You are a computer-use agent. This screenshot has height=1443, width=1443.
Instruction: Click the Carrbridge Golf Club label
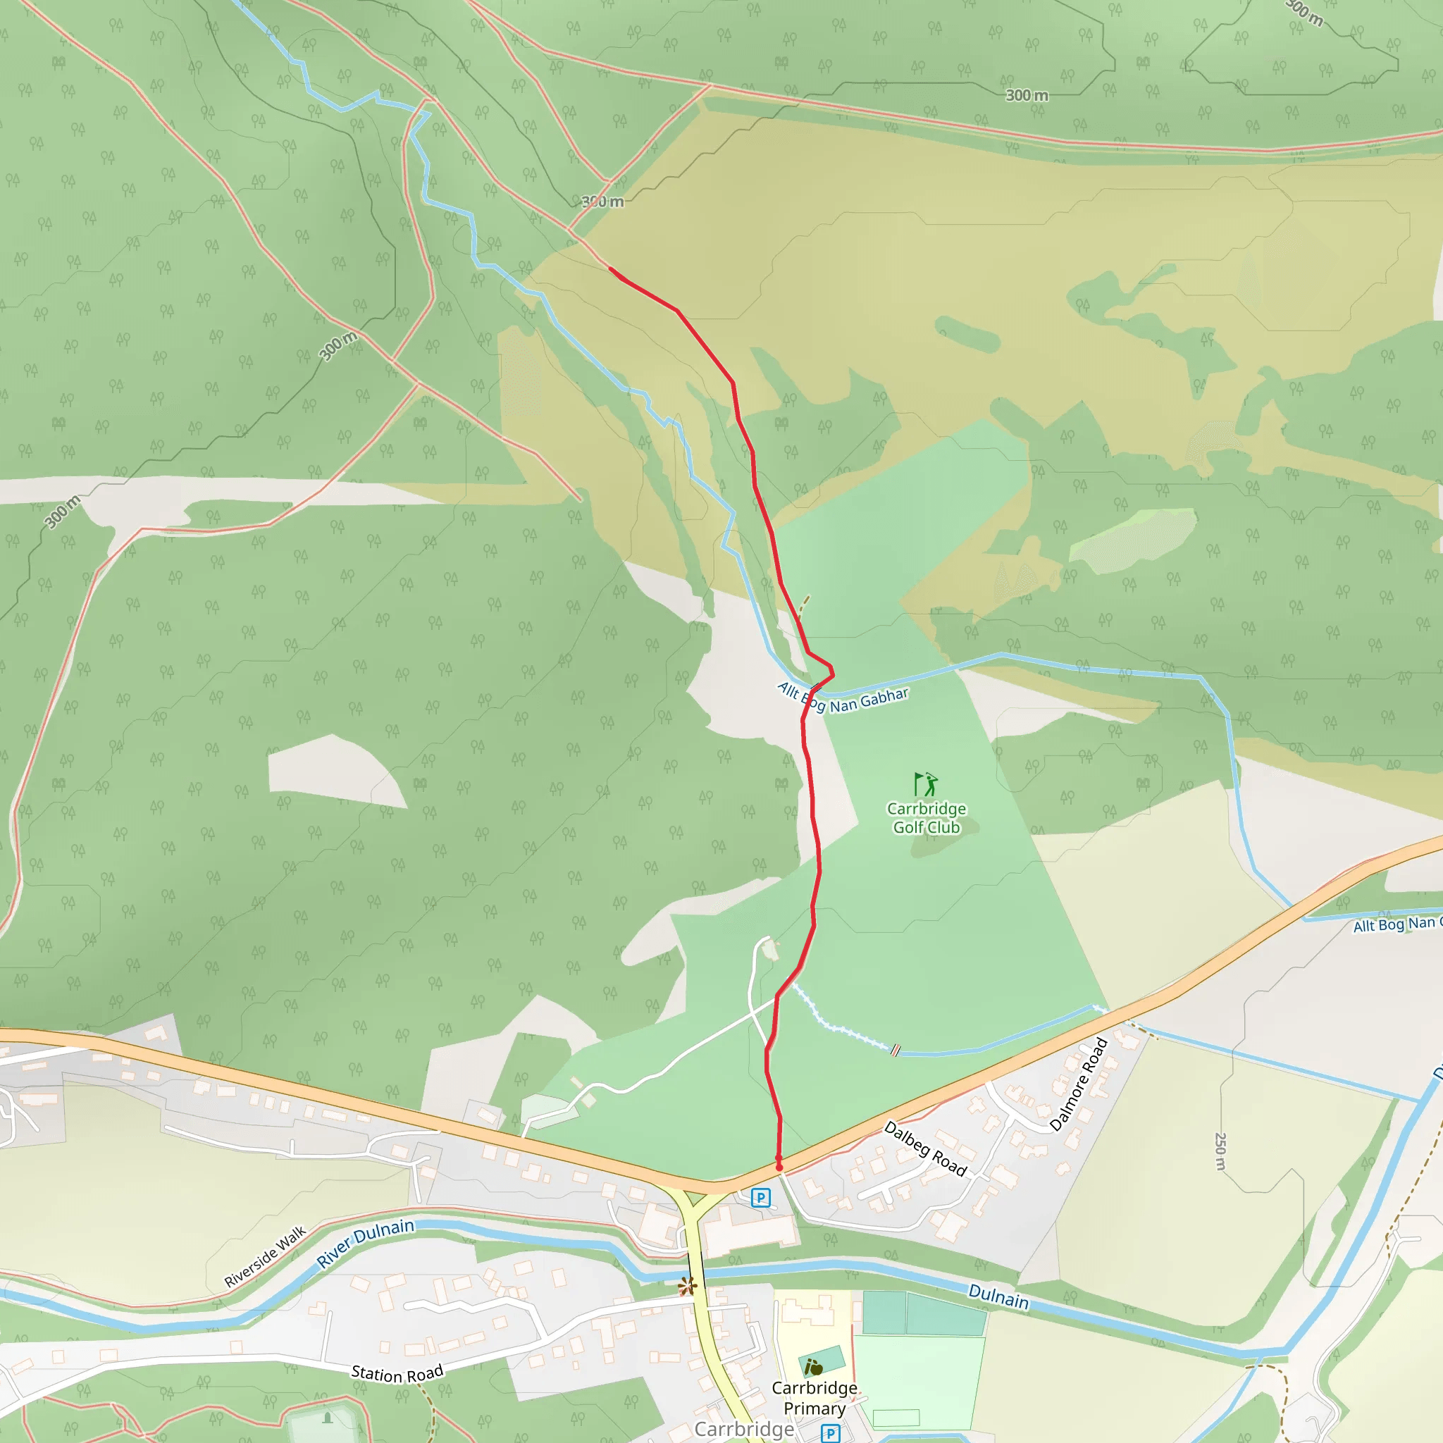[926, 818]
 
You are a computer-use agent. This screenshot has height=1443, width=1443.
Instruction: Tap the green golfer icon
[925, 784]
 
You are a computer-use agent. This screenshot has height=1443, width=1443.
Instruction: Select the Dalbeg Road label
[925, 1148]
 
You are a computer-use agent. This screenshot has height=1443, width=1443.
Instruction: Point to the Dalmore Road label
[1078, 1084]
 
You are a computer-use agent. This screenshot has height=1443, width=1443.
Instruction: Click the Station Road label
[397, 1373]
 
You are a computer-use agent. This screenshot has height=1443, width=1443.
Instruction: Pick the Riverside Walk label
[265, 1256]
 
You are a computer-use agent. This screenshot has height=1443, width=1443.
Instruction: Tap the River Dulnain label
[365, 1243]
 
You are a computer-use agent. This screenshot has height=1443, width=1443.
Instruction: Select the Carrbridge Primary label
[814, 1397]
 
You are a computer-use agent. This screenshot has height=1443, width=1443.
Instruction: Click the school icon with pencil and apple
[813, 1368]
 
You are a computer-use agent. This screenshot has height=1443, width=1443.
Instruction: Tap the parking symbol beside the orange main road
[760, 1198]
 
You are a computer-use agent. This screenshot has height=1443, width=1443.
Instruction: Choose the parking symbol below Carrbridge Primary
[830, 1433]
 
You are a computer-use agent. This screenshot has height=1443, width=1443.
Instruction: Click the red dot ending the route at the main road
[779, 1167]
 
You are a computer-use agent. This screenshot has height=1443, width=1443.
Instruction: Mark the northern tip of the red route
[610, 268]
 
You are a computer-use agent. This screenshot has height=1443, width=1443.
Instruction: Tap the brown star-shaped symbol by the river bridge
[687, 1285]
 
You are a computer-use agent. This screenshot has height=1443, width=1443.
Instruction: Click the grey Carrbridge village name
[744, 1429]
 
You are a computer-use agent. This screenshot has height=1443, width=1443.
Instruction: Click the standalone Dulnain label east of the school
[998, 1296]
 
